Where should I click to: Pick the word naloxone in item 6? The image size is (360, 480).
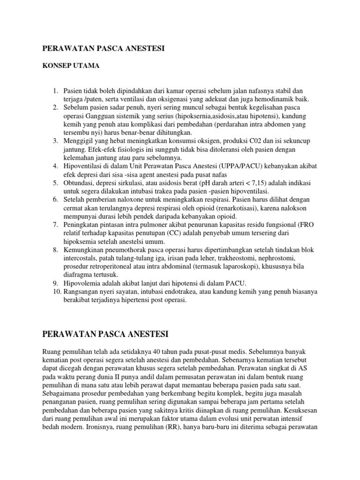(137, 199)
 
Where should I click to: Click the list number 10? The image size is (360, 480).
(56, 292)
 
